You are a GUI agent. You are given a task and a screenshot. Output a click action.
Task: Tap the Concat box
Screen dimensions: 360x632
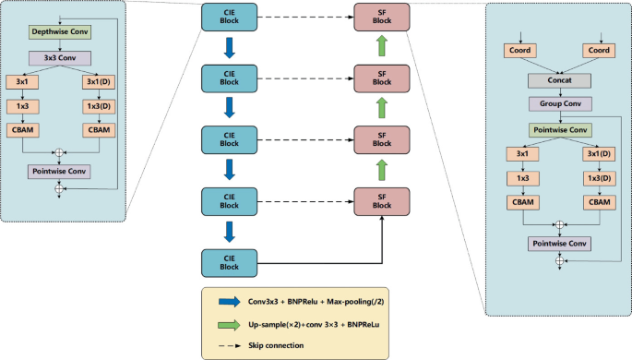pyautogui.click(x=559, y=81)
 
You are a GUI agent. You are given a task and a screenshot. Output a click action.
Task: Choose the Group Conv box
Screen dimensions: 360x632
pyautogui.click(x=559, y=104)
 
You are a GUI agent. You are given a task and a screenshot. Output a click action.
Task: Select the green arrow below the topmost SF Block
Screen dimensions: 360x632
pyautogui.click(x=380, y=46)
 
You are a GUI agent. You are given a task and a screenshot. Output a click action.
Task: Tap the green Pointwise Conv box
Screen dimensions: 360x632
pyautogui.click(x=559, y=129)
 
